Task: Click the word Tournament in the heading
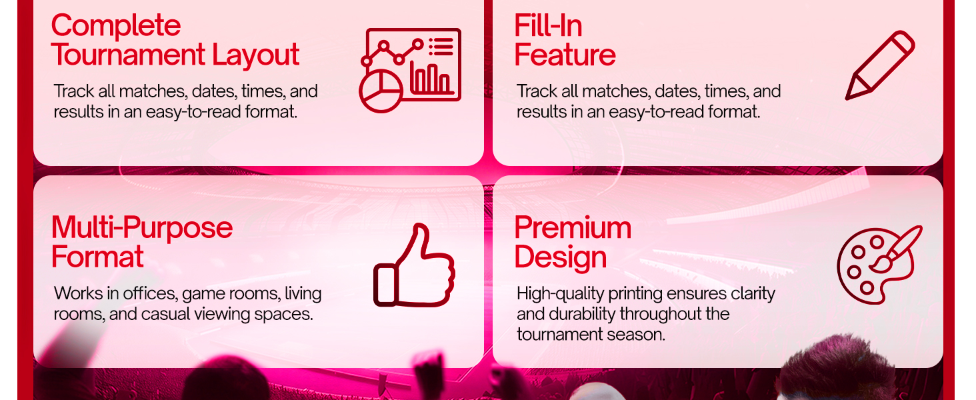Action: click(128, 55)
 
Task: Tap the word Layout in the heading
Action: click(256, 55)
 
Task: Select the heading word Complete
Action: click(116, 25)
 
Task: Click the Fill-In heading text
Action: click(548, 25)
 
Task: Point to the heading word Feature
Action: click(565, 55)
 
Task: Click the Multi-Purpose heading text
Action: click(142, 227)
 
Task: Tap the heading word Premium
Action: click(573, 227)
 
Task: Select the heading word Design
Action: click(561, 257)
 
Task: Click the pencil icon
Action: click(880, 65)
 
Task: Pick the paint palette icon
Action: click(878, 265)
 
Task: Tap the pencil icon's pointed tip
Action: click(847, 99)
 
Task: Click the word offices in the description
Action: click(150, 293)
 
